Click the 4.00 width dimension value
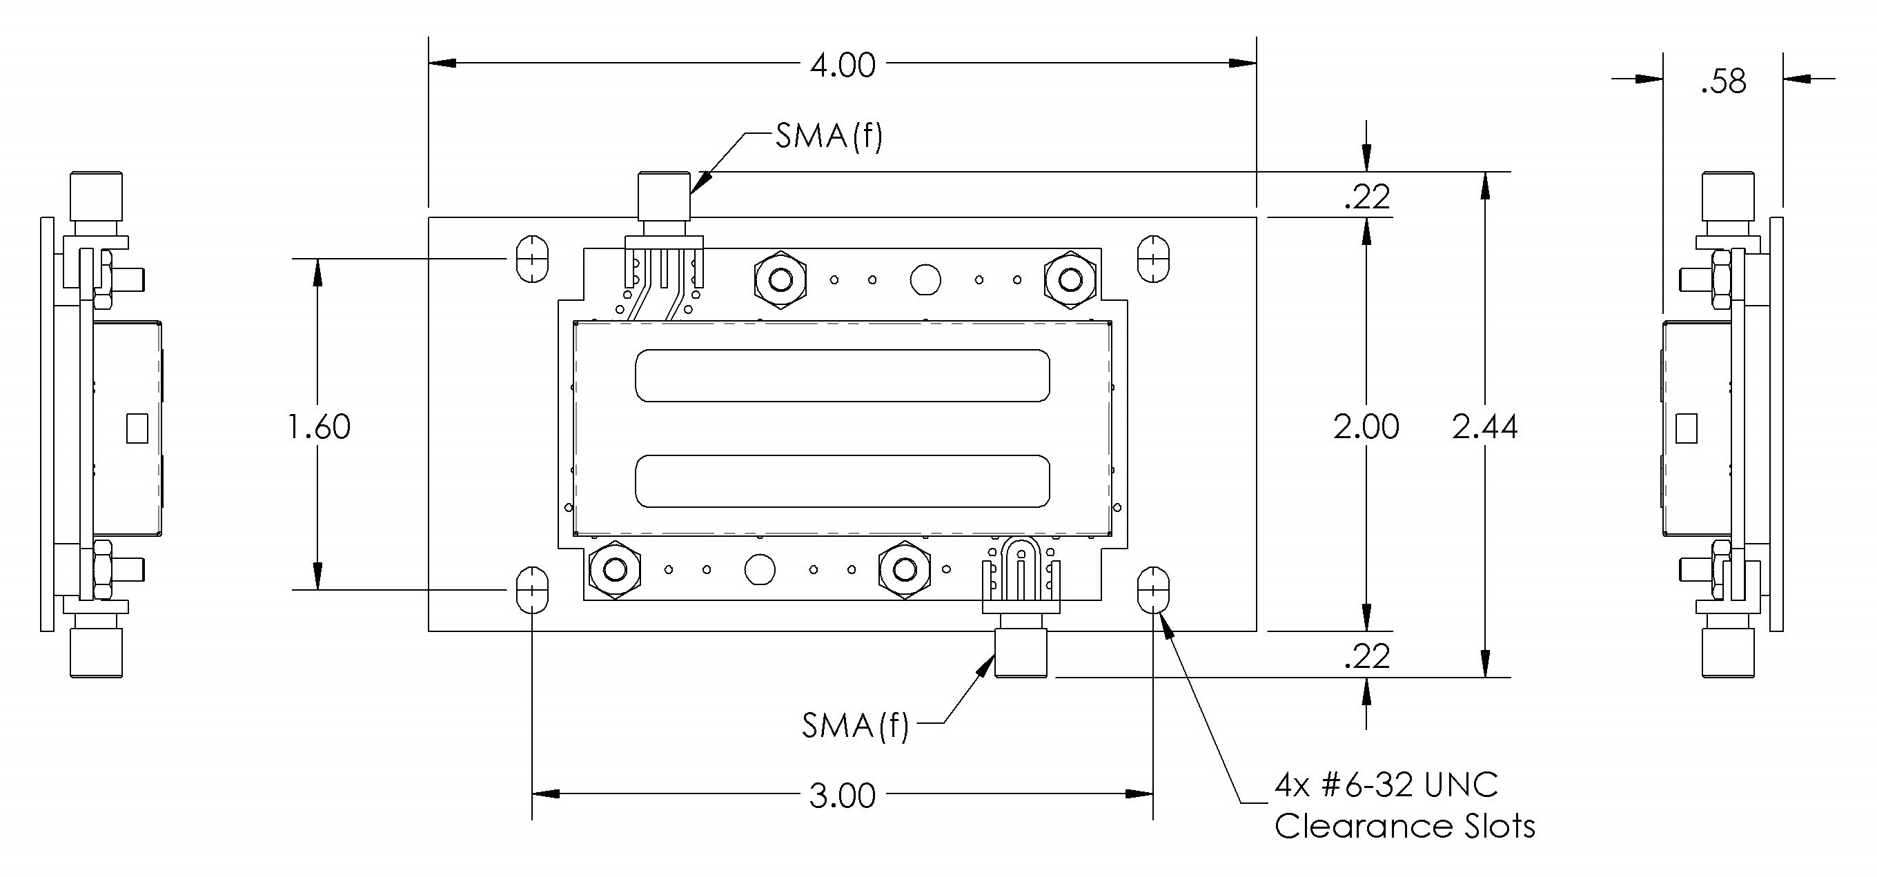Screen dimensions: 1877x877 tap(843, 66)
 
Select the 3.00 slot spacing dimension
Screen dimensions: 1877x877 tap(843, 796)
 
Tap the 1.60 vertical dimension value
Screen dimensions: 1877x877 tap(319, 427)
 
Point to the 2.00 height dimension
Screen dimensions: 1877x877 tap(1366, 427)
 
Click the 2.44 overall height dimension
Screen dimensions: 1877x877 tap(1485, 427)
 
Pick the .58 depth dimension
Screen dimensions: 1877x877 tap(1723, 81)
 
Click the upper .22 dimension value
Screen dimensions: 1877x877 tap(1368, 197)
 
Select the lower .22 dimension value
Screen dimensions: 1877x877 tap(1368, 657)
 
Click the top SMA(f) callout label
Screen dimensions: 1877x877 tap(829, 136)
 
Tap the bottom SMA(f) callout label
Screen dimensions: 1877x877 tap(856, 725)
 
